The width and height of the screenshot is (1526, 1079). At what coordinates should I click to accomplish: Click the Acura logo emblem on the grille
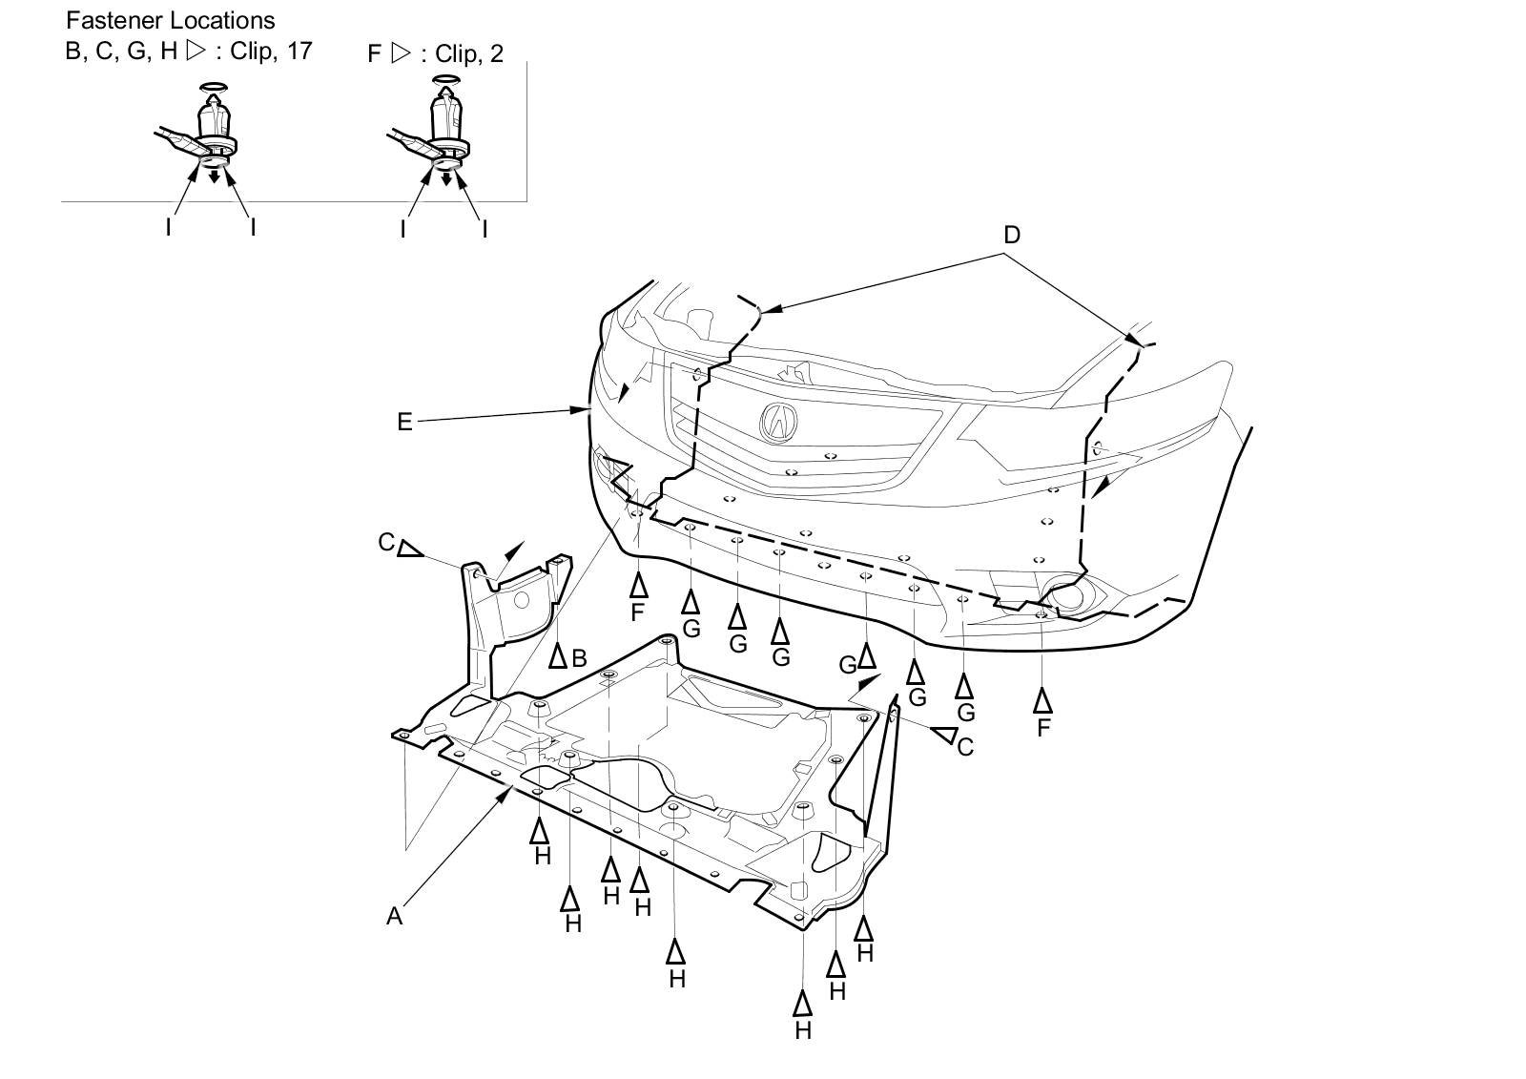coord(778,421)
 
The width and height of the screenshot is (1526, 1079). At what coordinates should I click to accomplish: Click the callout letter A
coord(394,916)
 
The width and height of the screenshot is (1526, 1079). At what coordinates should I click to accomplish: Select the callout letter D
coord(1012,235)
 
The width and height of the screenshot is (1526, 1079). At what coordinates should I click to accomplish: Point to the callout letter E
coord(404,422)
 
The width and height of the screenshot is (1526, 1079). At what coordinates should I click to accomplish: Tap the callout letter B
coord(578,657)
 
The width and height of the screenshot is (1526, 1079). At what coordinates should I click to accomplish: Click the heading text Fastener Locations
coord(170,20)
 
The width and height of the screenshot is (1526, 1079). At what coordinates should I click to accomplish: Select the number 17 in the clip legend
coord(299,51)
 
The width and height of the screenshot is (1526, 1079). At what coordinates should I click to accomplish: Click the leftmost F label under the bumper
coord(638,612)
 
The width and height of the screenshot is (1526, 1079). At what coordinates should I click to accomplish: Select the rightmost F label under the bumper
coord(1043,727)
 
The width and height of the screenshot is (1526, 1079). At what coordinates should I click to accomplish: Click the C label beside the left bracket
coord(386,543)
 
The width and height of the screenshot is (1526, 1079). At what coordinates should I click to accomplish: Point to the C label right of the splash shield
coord(965,747)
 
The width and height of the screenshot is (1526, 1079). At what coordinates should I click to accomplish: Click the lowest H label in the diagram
coord(803,1030)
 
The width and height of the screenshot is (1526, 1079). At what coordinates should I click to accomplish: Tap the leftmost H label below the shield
coord(543,856)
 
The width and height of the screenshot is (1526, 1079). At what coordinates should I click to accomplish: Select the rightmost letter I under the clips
coord(485,229)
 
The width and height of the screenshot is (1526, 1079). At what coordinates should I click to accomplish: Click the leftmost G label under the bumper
coord(691,629)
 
